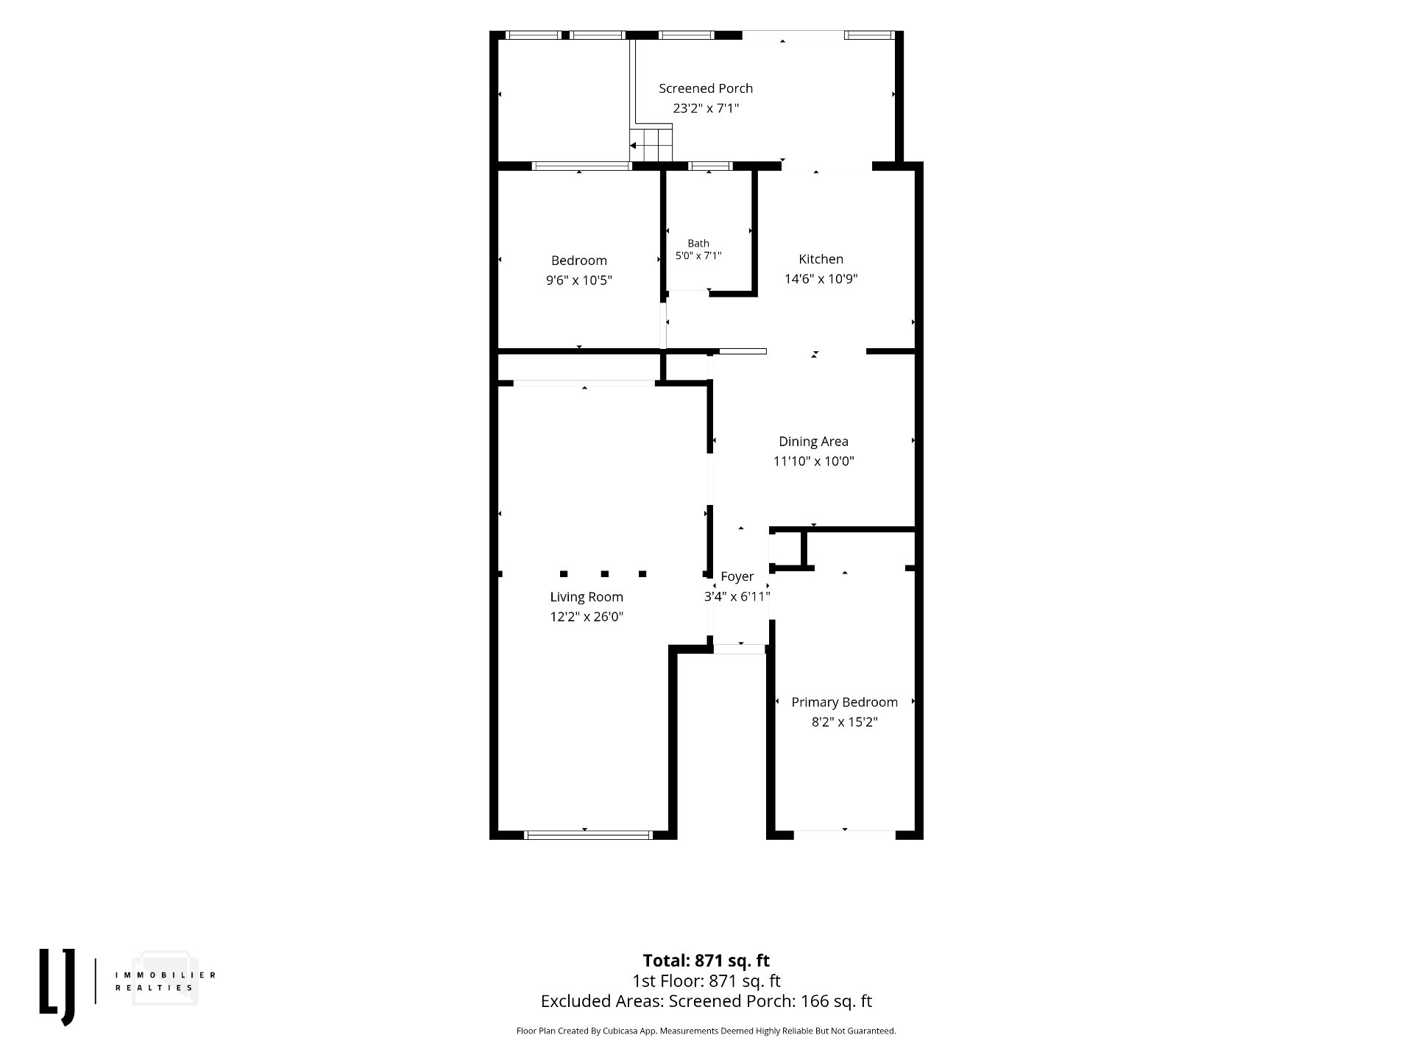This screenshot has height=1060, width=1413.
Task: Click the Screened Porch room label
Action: click(x=706, y=88)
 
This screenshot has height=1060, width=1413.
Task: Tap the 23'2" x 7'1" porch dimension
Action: click(x=706, y=108)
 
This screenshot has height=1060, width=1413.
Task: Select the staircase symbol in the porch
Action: click(x=651, y=144)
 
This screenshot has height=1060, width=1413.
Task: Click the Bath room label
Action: click(x=698, y=243)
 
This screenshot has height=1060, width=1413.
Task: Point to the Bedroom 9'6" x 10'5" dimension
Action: click(x=579, y=280)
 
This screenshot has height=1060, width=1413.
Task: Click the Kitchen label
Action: click(x=821, y=259)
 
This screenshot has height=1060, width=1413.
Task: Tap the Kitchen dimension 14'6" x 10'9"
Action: click(x=821, y=279)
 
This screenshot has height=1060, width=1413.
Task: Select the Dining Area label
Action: click(x=813, y=442)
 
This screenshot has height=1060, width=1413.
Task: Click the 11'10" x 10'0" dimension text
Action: click(x=813, y=462)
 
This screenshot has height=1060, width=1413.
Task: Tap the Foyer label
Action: click(x=737, y=577)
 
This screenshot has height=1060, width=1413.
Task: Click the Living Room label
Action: click(x=587, y=597)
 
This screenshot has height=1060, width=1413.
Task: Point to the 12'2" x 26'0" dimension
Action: click(x=587, y=617)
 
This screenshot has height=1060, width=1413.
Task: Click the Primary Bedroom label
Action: click(x=845, y=702)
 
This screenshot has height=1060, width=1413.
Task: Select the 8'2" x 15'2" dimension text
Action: click(x=845, y=722)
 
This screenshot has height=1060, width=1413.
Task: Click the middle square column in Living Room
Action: click(x=604, y=573)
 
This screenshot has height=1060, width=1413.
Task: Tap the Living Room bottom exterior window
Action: click(x=588, y=835)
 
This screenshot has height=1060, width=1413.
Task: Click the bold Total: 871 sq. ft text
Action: click(x=706, y=961)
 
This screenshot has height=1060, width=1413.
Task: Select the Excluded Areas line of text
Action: click(x=706, y=1001)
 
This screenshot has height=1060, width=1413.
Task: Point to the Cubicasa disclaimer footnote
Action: click(x=706, y=1031)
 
